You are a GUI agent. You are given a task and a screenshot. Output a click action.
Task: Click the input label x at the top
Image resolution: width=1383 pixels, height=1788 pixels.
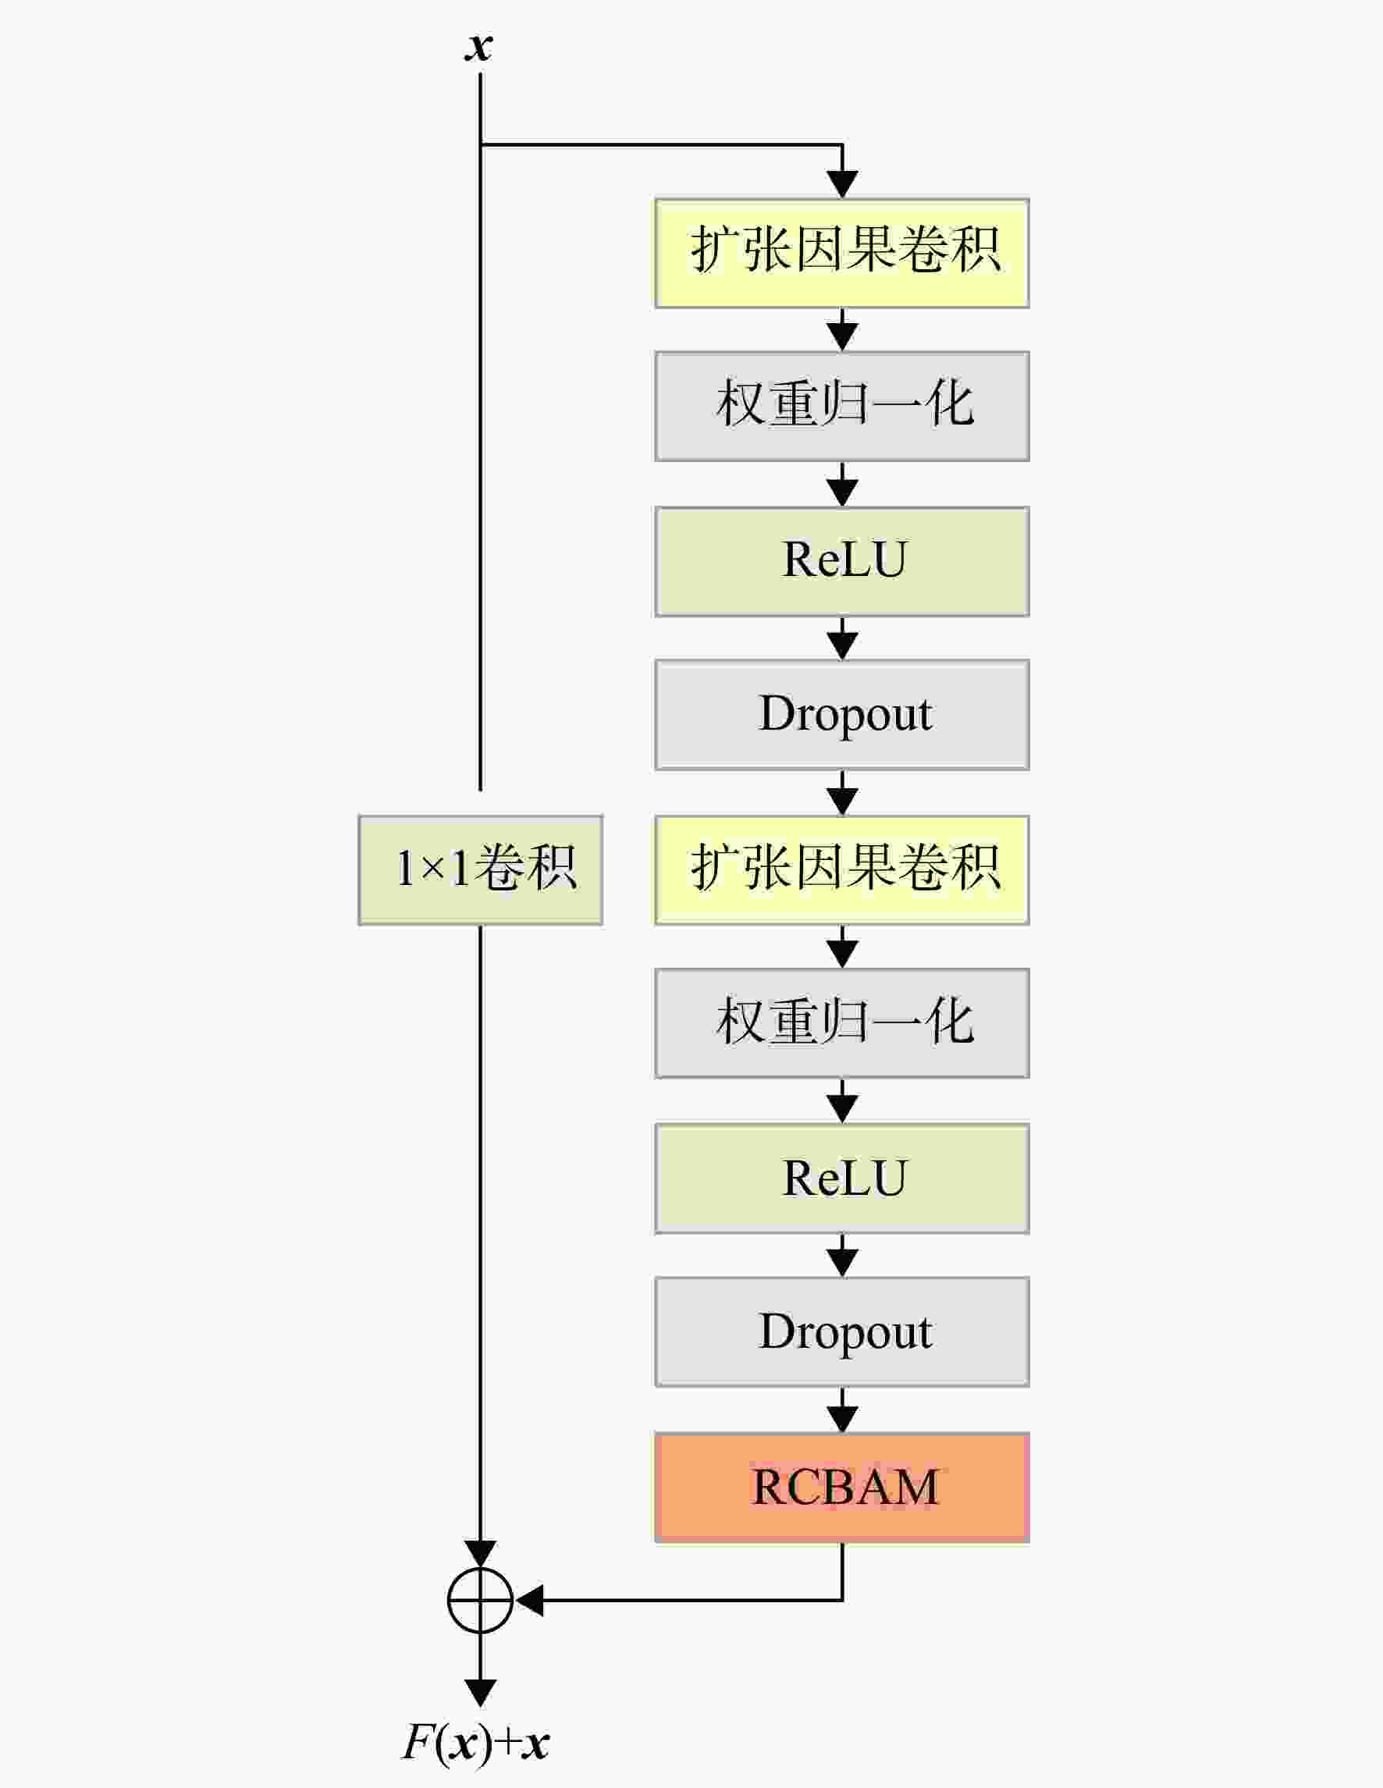click(479, 47)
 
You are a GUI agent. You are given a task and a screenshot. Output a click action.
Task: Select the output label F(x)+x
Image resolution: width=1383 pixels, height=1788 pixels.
click(476, 1742)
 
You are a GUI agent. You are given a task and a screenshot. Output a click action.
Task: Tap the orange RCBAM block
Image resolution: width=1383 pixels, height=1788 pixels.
click(842, 1488)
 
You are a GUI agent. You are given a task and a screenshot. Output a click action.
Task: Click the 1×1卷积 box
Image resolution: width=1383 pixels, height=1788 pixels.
click(481, 869)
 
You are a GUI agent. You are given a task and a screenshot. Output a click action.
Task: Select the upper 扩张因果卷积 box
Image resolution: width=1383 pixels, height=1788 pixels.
click(842, 253)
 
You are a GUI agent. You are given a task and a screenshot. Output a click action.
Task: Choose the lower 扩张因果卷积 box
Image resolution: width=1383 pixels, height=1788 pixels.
click(842, 870)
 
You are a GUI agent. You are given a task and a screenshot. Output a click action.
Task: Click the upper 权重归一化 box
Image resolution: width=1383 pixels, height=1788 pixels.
click(842, 406)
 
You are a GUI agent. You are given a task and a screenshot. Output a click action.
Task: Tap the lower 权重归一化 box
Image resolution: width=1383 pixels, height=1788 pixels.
click(842, 1023)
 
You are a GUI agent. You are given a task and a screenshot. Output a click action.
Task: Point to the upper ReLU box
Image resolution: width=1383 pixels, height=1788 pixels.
click(842, 562)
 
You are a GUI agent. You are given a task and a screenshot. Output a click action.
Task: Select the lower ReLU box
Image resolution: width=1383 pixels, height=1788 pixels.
click(842, 1179)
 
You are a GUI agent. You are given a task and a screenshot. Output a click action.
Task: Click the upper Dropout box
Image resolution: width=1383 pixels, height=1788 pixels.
click(842, 715)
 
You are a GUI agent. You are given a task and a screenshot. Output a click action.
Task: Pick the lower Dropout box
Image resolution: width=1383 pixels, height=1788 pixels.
click(842, 1332)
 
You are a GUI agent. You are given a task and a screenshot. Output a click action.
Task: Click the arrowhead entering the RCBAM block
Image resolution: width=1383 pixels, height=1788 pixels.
click(842, 1419)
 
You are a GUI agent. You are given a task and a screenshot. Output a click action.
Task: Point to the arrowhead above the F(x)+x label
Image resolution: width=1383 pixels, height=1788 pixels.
click(480, 1693)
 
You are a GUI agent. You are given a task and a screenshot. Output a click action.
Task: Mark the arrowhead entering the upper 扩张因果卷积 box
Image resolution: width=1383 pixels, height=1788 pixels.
click(842, 184)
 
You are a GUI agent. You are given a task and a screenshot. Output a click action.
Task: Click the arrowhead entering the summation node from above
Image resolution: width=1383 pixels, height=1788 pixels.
click(480, 1554)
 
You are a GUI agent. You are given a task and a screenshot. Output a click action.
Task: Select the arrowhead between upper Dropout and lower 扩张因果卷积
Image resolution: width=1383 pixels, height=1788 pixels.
click(842, 802)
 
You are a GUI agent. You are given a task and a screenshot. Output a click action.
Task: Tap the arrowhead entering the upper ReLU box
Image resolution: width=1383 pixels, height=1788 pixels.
click(842, 492)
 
